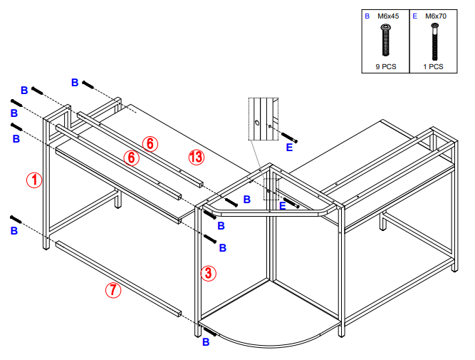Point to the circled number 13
point(197,157)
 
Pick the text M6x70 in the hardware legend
point(434,15)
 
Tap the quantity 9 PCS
point(385,66)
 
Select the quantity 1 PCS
point(433,66)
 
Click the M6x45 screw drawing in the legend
point(385,40)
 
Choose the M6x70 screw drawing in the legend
point(434,41)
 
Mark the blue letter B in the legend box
point(367,15)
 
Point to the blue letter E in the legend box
point(415,15)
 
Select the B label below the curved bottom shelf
point(206,343)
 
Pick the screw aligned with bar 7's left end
point(18,219)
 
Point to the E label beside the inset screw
point(289,148)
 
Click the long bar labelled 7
point(118,278)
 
